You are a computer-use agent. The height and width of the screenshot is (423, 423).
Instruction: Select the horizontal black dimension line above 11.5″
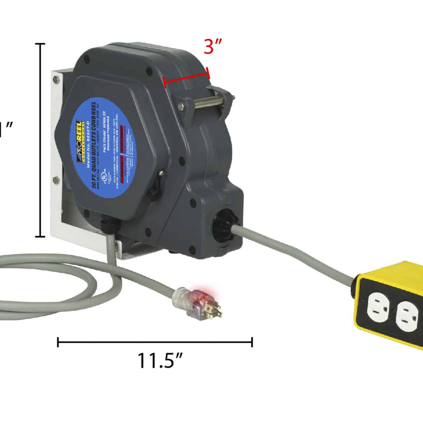155,342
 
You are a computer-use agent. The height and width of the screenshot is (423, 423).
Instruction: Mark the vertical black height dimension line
41,140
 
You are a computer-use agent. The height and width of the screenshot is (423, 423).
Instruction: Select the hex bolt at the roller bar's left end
182,104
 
